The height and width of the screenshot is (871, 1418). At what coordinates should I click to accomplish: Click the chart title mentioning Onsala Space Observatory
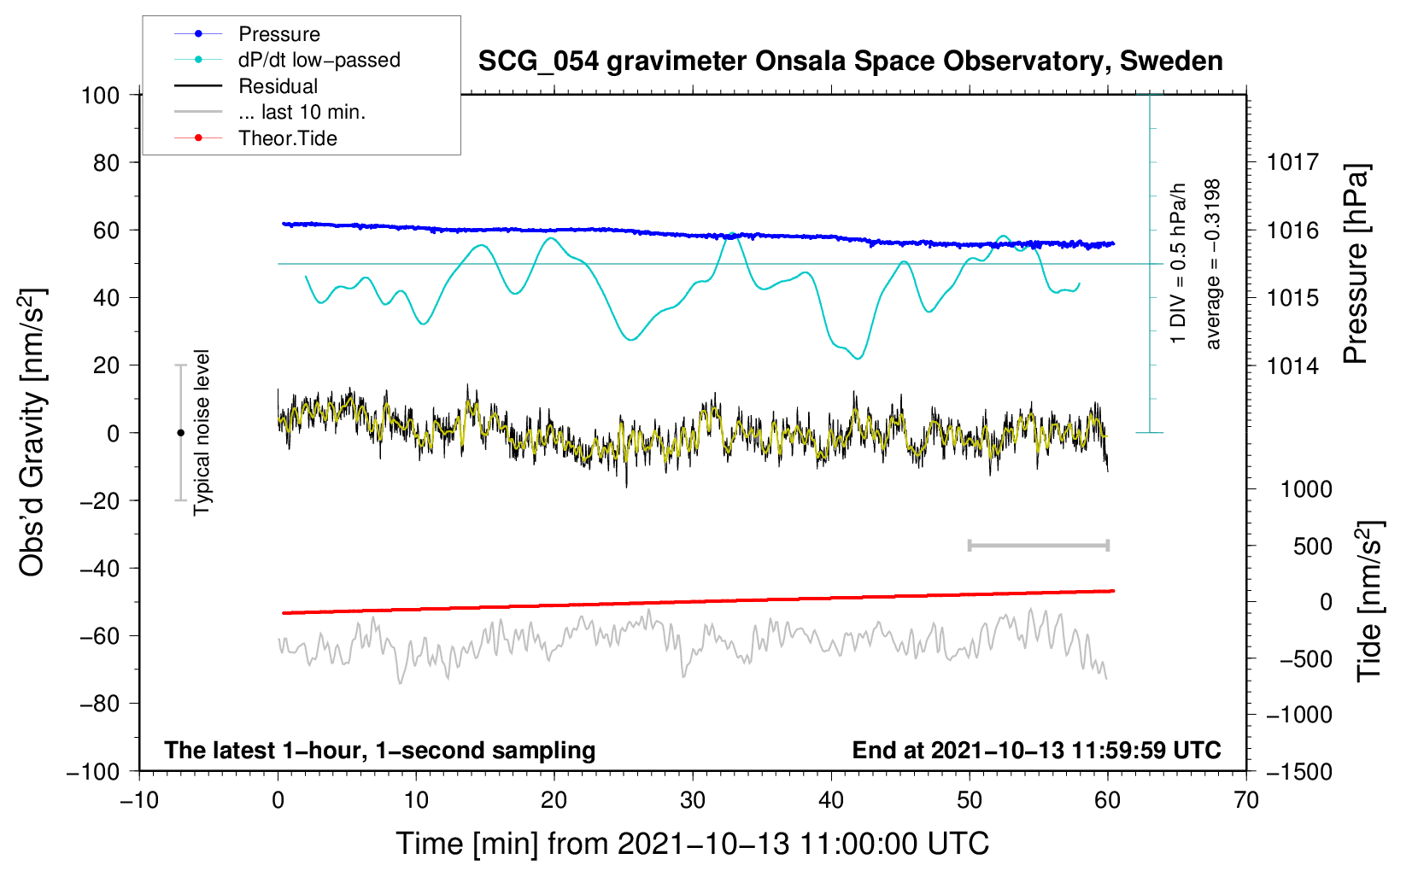[x=850, y=61]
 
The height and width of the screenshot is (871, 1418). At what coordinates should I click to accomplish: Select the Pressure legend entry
[x=278, y=34]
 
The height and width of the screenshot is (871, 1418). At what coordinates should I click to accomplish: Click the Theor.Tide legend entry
[x=287, y=138]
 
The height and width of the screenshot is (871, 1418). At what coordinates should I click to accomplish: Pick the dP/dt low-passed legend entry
[x=319, y=60]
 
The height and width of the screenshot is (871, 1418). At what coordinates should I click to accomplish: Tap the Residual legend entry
[x=278, y=86]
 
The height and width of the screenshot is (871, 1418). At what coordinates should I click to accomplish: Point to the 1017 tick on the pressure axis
[x=1292, y=162]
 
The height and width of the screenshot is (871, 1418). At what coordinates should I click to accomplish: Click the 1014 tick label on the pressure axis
[x=1292, y=365]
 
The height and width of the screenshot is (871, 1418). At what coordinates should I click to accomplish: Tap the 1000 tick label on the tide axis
[x=1306, y=489]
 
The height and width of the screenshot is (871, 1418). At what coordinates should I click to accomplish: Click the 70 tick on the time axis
[x=1246, y=800]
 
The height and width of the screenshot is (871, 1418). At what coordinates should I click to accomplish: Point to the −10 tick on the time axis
[x=139, y=800]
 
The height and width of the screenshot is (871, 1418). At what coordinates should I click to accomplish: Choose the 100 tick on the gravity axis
[x=100, y=95]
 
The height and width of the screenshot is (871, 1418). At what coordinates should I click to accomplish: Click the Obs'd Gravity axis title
[x=32, y=432]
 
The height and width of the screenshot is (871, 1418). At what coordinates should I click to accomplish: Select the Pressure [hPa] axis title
[x=1356, y=264]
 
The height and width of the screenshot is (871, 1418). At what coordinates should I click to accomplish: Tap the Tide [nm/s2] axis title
[x=1369, y=600]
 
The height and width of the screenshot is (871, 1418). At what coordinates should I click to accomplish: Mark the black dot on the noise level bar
[x=180, y=433]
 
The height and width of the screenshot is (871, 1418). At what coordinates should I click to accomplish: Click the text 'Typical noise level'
[x=202, y=432]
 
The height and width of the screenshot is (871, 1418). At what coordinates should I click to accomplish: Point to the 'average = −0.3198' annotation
[x=1213, y=264]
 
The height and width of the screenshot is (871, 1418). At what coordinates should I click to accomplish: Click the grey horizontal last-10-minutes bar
[x=1038, y=545]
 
